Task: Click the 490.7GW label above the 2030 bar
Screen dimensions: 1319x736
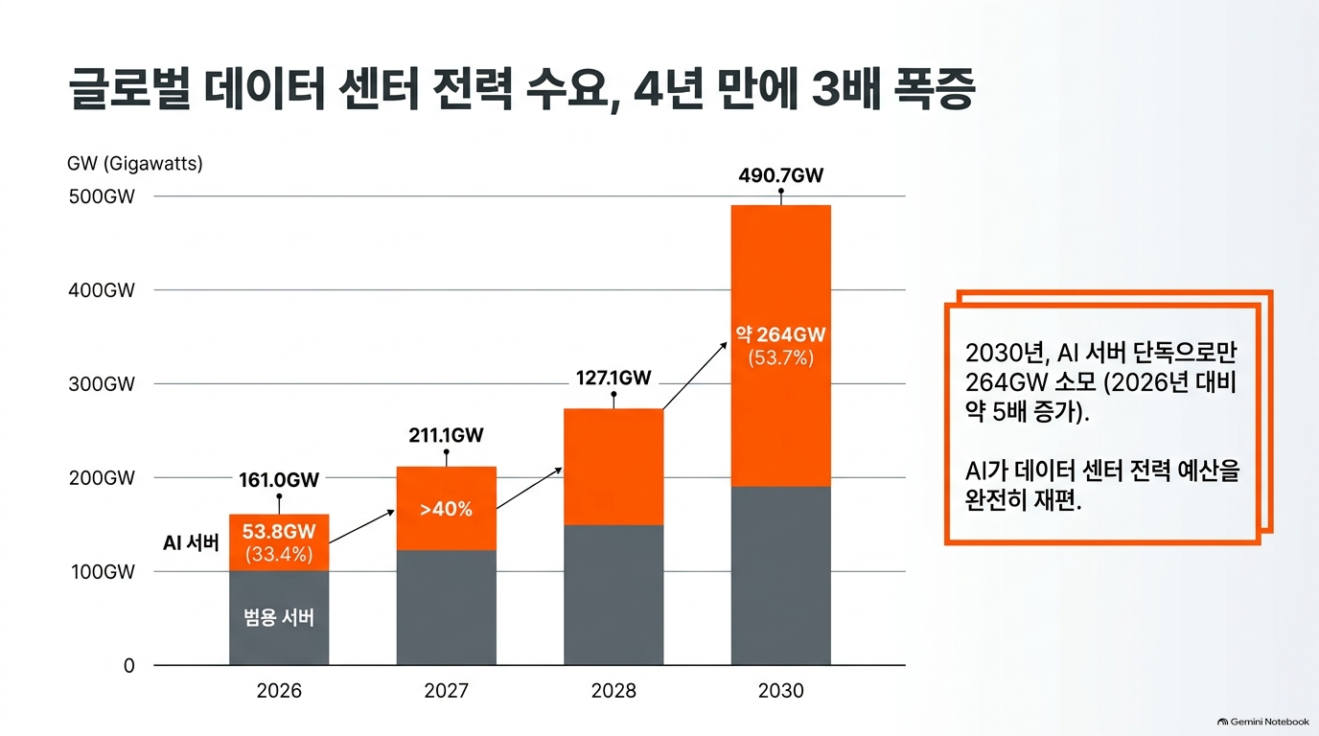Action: tap(781, 174)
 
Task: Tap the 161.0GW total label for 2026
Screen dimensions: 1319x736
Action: tap(279, 480)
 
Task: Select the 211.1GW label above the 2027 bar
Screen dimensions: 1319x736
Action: tap(447, 435)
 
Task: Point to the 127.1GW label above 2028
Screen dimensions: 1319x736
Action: tap(613, 378)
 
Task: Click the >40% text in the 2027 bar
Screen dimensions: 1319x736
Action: tap(447, 509)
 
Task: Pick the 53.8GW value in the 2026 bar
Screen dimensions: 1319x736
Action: tap(279, 531)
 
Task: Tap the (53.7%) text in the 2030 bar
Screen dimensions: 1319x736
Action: tap(781, 357)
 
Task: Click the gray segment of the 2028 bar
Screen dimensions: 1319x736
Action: tap(613, 595)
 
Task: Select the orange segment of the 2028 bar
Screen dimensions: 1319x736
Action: tap(613, 467)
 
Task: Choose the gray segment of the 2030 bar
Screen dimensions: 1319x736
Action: tap(781, 576)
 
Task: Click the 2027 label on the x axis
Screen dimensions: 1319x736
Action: tap(447, 690)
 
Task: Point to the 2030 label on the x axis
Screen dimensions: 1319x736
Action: tap(781, 690)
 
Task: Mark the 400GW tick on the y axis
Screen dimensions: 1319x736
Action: tap(102, 290)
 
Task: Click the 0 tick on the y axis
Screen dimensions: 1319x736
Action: tap(129, 666)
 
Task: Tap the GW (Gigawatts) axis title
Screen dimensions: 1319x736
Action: tap(135, 163)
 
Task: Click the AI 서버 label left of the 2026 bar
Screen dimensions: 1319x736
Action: tap(191, 542)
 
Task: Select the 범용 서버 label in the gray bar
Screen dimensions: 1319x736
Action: tap(279, 617)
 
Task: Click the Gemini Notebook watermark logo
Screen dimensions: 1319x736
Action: tap(1223, 722)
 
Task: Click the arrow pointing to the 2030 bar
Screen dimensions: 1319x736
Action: tap(695, 376)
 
